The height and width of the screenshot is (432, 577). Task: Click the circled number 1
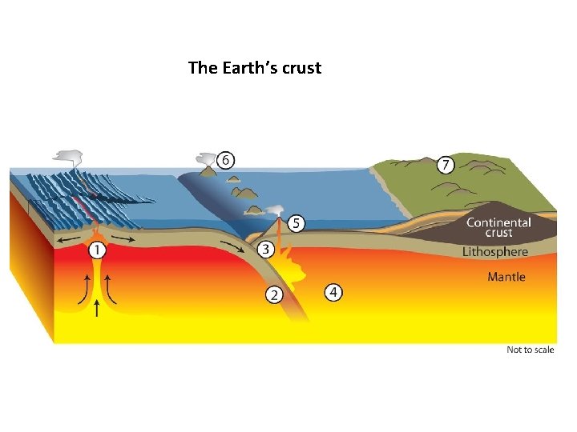(97, 251)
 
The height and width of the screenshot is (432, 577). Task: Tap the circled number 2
(274, 295)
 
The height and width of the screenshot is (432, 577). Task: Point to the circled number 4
(333, 292)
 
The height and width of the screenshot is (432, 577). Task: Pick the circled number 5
(296, 223)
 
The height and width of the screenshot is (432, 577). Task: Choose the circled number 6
(227, 161)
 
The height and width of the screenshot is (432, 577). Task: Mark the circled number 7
(446, 166)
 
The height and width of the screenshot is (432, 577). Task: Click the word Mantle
(506, 277)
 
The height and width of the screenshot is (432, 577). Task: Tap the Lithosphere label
(495, 252)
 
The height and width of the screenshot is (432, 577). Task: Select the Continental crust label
(498, 227)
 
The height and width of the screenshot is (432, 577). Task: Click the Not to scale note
(530, 350)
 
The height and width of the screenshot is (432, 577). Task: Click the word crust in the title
(302, 68)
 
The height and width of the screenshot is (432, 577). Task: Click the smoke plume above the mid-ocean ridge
(69, 156)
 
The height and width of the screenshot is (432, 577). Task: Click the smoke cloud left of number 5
(276, 210)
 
